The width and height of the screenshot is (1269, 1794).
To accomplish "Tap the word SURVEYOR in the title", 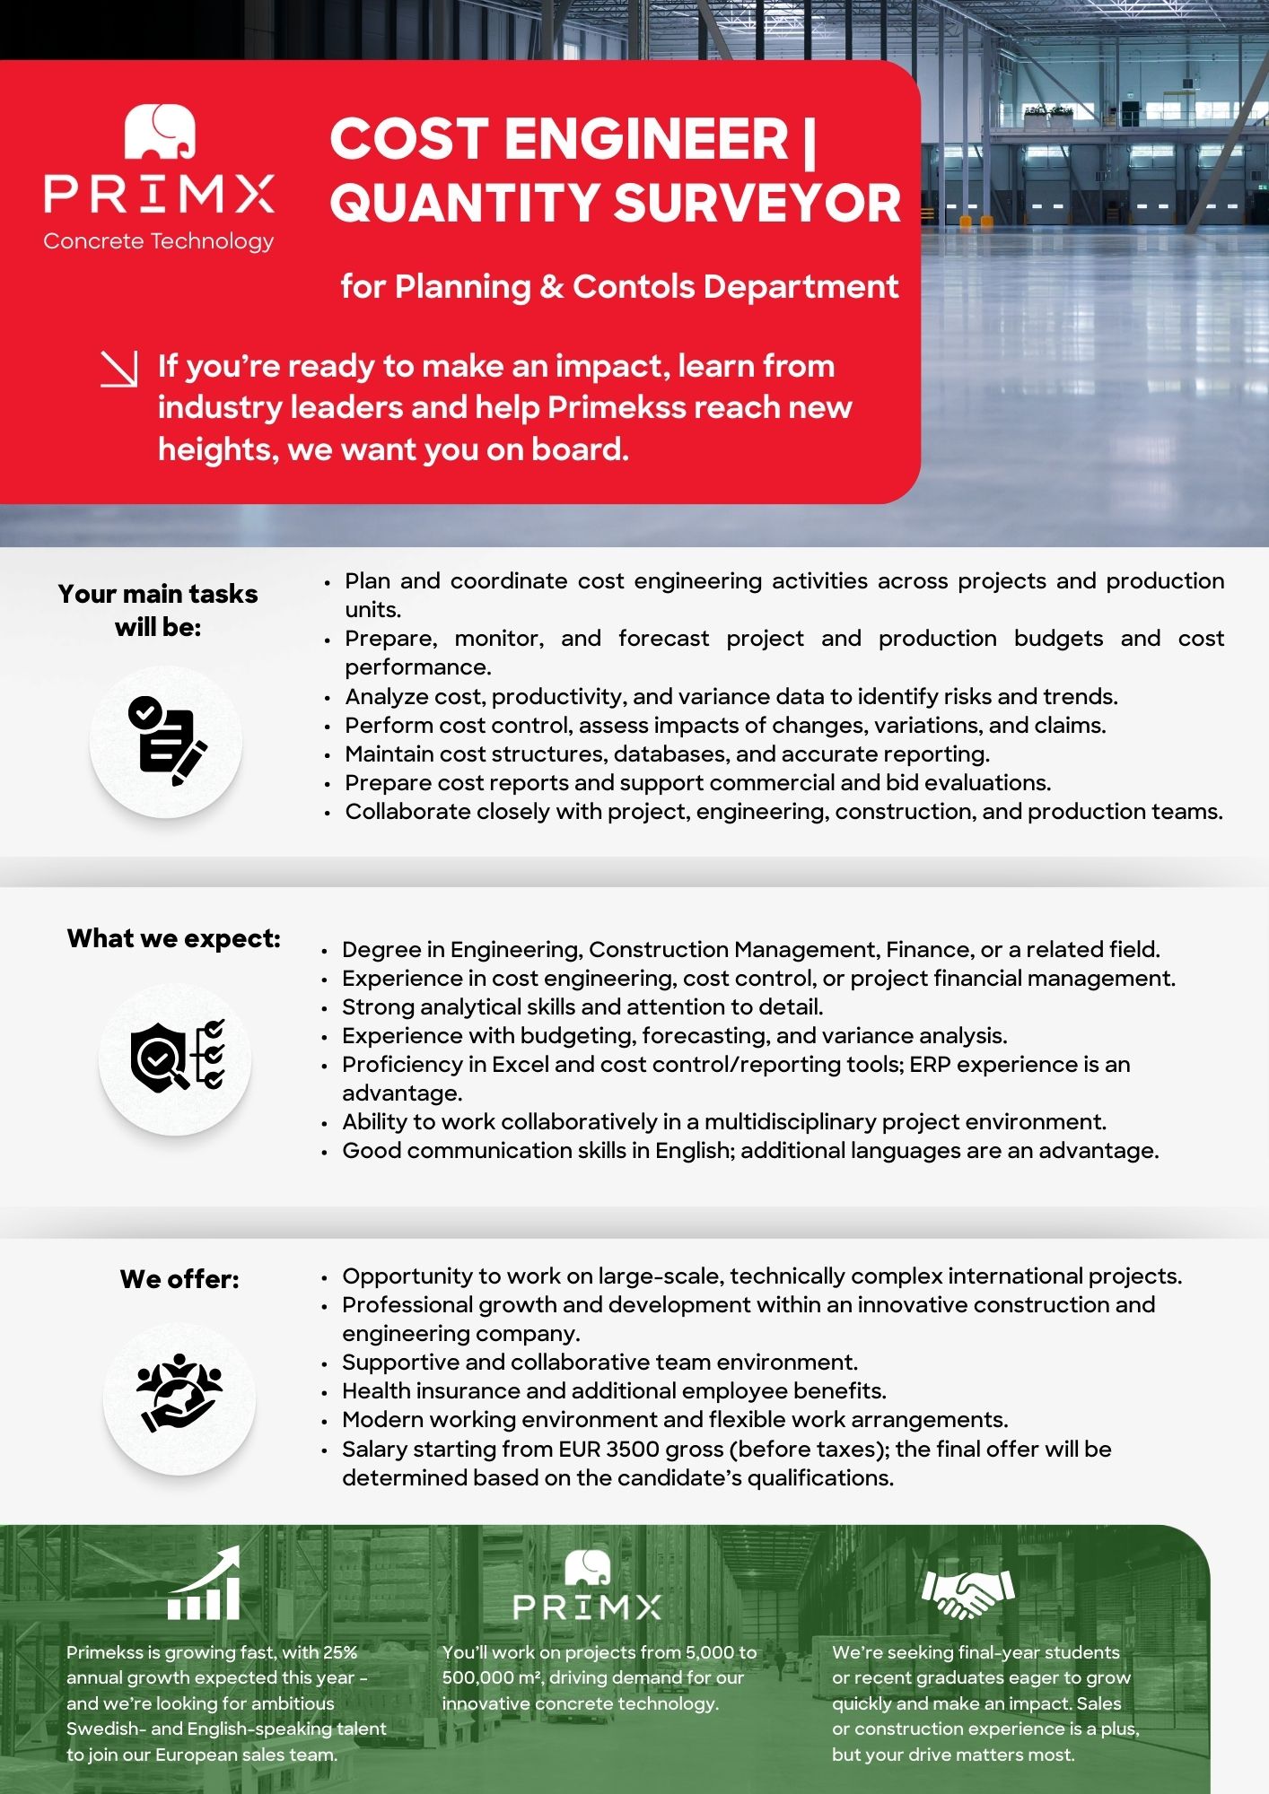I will click(757, 203).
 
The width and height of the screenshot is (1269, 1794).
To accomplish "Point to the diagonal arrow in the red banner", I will click(119, 369).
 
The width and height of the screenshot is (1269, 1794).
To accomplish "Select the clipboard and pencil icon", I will click(166, 741).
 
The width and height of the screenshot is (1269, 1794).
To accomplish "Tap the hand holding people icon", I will click(179, 1393).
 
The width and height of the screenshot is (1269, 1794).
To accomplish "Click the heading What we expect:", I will click(173, 939).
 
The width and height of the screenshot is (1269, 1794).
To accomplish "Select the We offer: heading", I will click(179, 1279).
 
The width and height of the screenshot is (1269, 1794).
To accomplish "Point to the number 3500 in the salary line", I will click(633, 1450).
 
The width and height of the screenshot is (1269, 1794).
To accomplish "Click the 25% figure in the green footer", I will click(340, 1652).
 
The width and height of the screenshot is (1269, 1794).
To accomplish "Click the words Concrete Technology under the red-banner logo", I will click(159, 241).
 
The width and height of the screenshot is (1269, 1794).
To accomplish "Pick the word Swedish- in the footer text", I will click(106, 1729).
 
